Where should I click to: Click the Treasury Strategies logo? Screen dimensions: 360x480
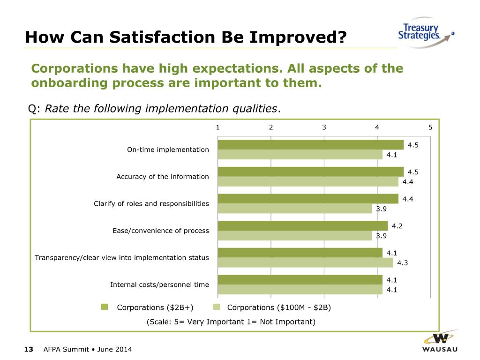(x=425, y=33)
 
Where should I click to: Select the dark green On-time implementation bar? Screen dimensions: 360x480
(x=310, y=145)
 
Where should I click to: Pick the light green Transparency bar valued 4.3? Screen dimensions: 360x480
(x=305, y=262)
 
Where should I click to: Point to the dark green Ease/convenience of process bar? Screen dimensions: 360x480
(x=303, y=226)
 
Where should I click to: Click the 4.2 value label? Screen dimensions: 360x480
(x=397, y=226)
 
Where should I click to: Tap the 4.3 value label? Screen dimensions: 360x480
(x=402, y=262)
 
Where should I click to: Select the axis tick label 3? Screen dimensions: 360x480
(x=324, y=127)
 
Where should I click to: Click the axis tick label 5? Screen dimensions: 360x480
(x=430, y=127)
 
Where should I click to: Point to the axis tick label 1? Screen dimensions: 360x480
(x=218, y=127)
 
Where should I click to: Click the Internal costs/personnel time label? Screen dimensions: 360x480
(x=159, y=285)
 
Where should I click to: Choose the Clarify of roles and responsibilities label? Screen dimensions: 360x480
(x=151, y=203)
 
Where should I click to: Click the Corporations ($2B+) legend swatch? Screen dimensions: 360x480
(x=105, y=307)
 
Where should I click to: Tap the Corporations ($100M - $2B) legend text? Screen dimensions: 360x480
(x=279, y=307)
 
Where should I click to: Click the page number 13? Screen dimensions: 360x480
(x=29, y=349)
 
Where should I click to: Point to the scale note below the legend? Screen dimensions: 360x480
(x=231, y=322)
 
